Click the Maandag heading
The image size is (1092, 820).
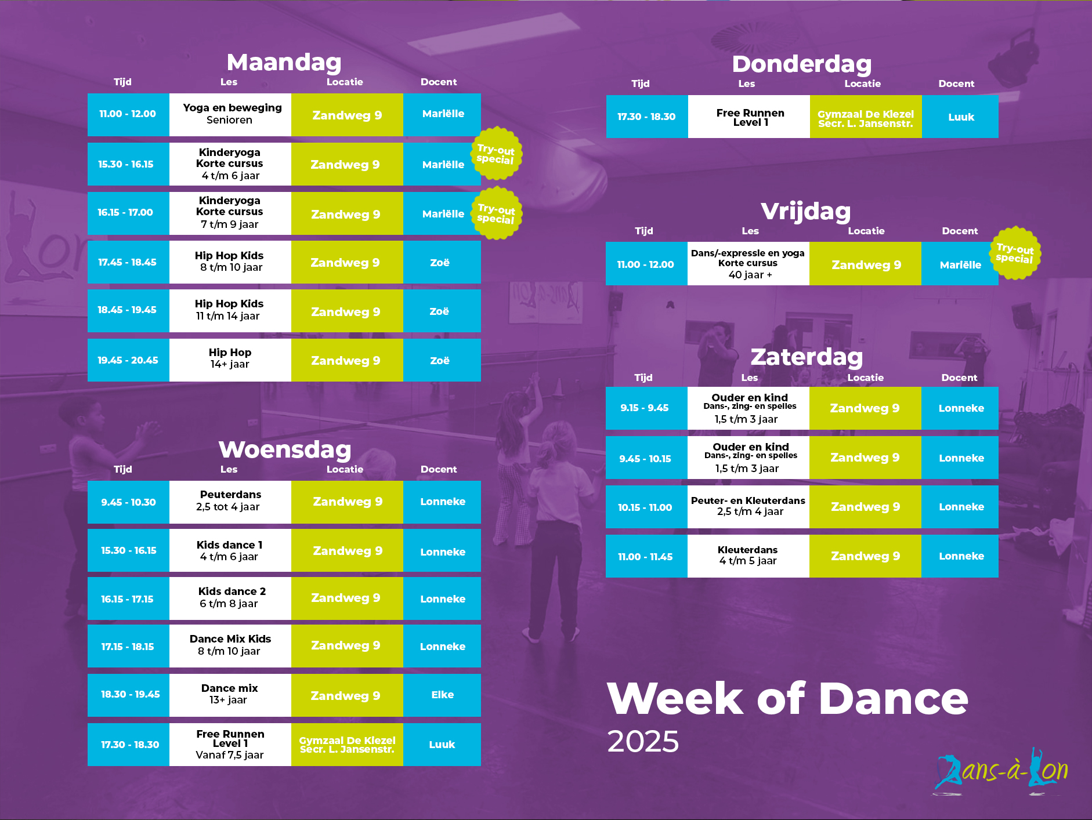[284, 62]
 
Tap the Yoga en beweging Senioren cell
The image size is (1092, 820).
[230, 114]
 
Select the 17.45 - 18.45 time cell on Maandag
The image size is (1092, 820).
[128, 262]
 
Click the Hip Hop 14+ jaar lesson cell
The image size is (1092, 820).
[230, 360]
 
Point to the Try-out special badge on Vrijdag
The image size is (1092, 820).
[1015, 253]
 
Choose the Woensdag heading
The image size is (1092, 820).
[285, 449]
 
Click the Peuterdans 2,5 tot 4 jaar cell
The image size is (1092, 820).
[230, 502]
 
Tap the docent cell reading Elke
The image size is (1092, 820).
[442, 695]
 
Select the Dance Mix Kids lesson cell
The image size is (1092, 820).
[230, 645]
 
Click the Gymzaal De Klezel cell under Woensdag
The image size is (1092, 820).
[347, 744]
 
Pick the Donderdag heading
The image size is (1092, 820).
[802, 64]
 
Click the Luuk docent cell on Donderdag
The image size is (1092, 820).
[960, 117]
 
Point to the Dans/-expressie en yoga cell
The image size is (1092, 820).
[749, 263]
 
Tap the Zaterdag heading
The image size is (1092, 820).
[807, 357]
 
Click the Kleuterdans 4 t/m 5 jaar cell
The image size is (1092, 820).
[749, 556]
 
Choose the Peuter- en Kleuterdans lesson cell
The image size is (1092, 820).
[749, 506]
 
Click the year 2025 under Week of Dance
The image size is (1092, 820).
[643, 741]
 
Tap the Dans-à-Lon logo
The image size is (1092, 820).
[1000, 771]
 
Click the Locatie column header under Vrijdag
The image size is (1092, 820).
[866, 231]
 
